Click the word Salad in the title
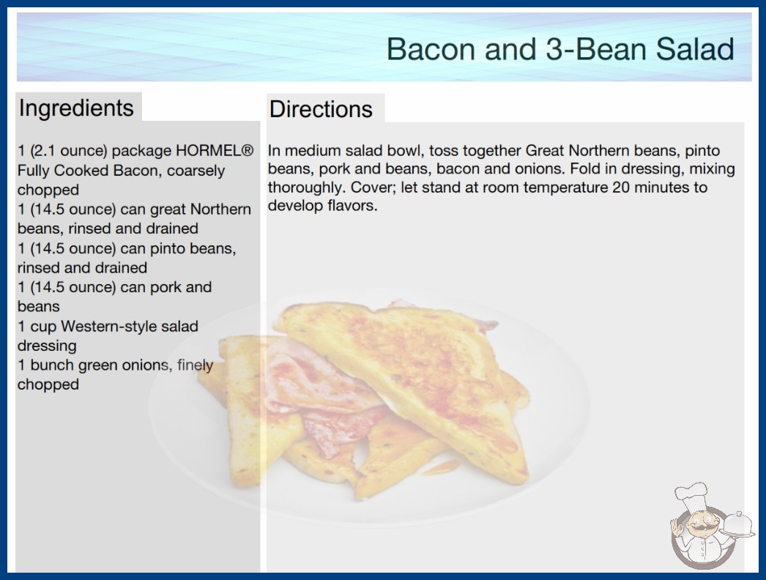click(x=695, y=49)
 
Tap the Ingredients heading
click(x=76, y=108)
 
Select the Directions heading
click(x=321, y=109)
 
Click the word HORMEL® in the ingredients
click(x=215, y=151)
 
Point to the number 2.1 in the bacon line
click(x=44, y=151)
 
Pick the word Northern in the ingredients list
click(x=220, y=209)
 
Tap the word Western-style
click(x=130, y=326)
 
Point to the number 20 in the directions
click(x=621, y=187)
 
